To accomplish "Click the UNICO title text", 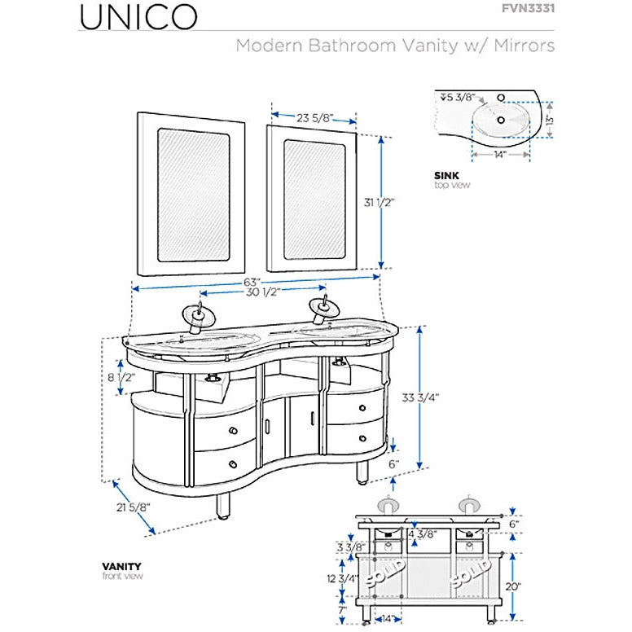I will point(138,15).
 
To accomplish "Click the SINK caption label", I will point(446,175).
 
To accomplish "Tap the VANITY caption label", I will point(121,566).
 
